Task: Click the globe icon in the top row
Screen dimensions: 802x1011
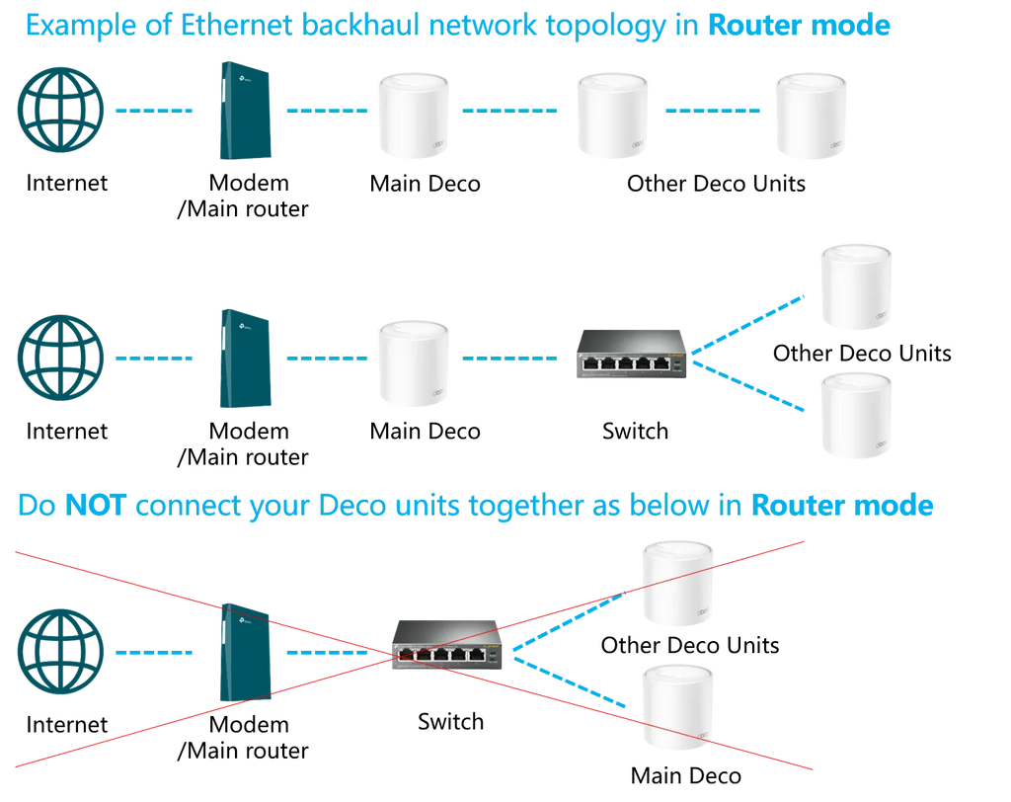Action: [x=60, y=111]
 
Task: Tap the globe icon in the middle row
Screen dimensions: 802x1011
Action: [x=60, y=358]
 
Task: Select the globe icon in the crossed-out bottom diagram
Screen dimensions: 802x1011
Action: [x=60, y=652]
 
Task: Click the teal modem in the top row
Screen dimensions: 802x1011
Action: [x=245, y=110]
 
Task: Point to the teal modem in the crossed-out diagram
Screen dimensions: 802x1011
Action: [x=245, y=652]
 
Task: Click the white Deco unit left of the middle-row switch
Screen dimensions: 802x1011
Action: [x=413, y=361]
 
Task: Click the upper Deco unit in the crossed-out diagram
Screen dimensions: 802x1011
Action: [x=676, y=583]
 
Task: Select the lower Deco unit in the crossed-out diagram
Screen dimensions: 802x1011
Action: [x=676, y=708]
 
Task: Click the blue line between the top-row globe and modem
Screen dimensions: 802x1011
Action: [x=154, y=112]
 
